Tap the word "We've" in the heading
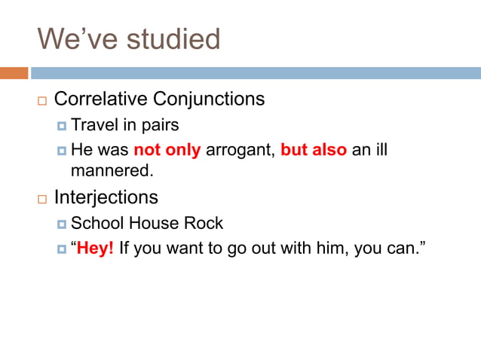tap(73, 38)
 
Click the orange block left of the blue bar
tap(14, 73)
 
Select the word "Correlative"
tap(102, 99)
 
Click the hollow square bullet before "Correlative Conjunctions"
tap(41, 100)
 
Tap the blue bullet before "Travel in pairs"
tap(62, 125)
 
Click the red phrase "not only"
tap(167, 150)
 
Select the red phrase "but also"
tap(313, 150)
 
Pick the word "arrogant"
tap(240, 150)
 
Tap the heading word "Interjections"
tap(106, 197)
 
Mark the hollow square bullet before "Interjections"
tap(41, 199)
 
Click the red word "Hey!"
tap(95, 249)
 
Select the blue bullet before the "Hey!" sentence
tap(62, 249)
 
